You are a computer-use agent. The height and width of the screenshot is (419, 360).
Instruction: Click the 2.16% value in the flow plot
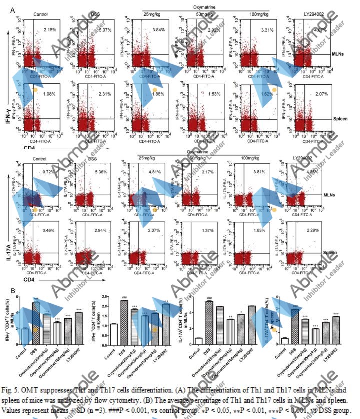[49, 30]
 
